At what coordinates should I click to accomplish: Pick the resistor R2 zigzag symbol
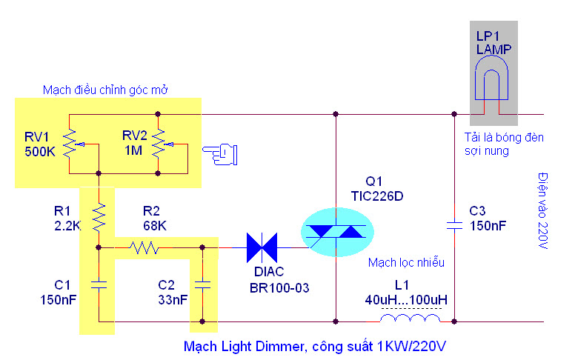pyautogui.click(x=143, y=247)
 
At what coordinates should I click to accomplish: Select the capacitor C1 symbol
pyautogui.click(x=98, y=284)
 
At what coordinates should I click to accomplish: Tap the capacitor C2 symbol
pyautogui.click(x=202, y=284)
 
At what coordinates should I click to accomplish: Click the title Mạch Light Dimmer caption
pyautogui.click(x=315, y=346)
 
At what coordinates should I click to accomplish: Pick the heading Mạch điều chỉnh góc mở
pyautogui.click(x=106, y=90)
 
